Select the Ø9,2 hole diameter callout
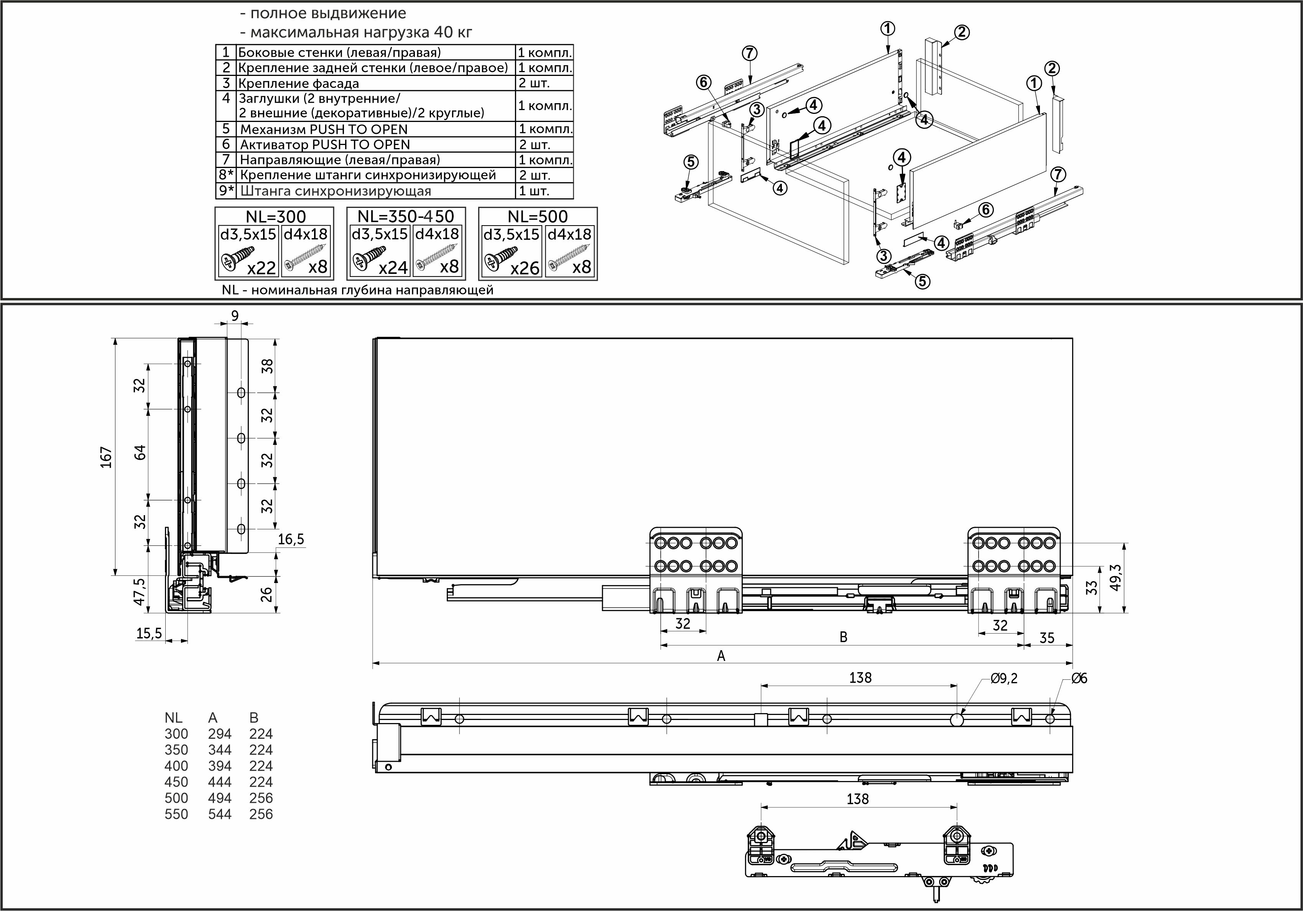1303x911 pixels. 1004,678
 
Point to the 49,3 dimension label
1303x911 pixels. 1115,578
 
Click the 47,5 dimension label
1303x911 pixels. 140,591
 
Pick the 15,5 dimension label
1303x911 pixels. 149,633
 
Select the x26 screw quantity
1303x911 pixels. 524,268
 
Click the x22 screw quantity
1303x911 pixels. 261,268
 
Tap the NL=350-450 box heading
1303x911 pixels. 406,216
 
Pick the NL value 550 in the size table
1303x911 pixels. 176,814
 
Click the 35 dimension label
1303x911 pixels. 1046,638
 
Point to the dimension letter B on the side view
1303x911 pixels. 843,637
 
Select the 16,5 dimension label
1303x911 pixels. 291,539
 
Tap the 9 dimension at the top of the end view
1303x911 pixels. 235,316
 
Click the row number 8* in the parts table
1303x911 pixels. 227,175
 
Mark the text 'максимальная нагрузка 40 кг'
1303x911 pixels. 361,32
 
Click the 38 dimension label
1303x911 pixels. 267,366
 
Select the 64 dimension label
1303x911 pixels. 140,452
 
